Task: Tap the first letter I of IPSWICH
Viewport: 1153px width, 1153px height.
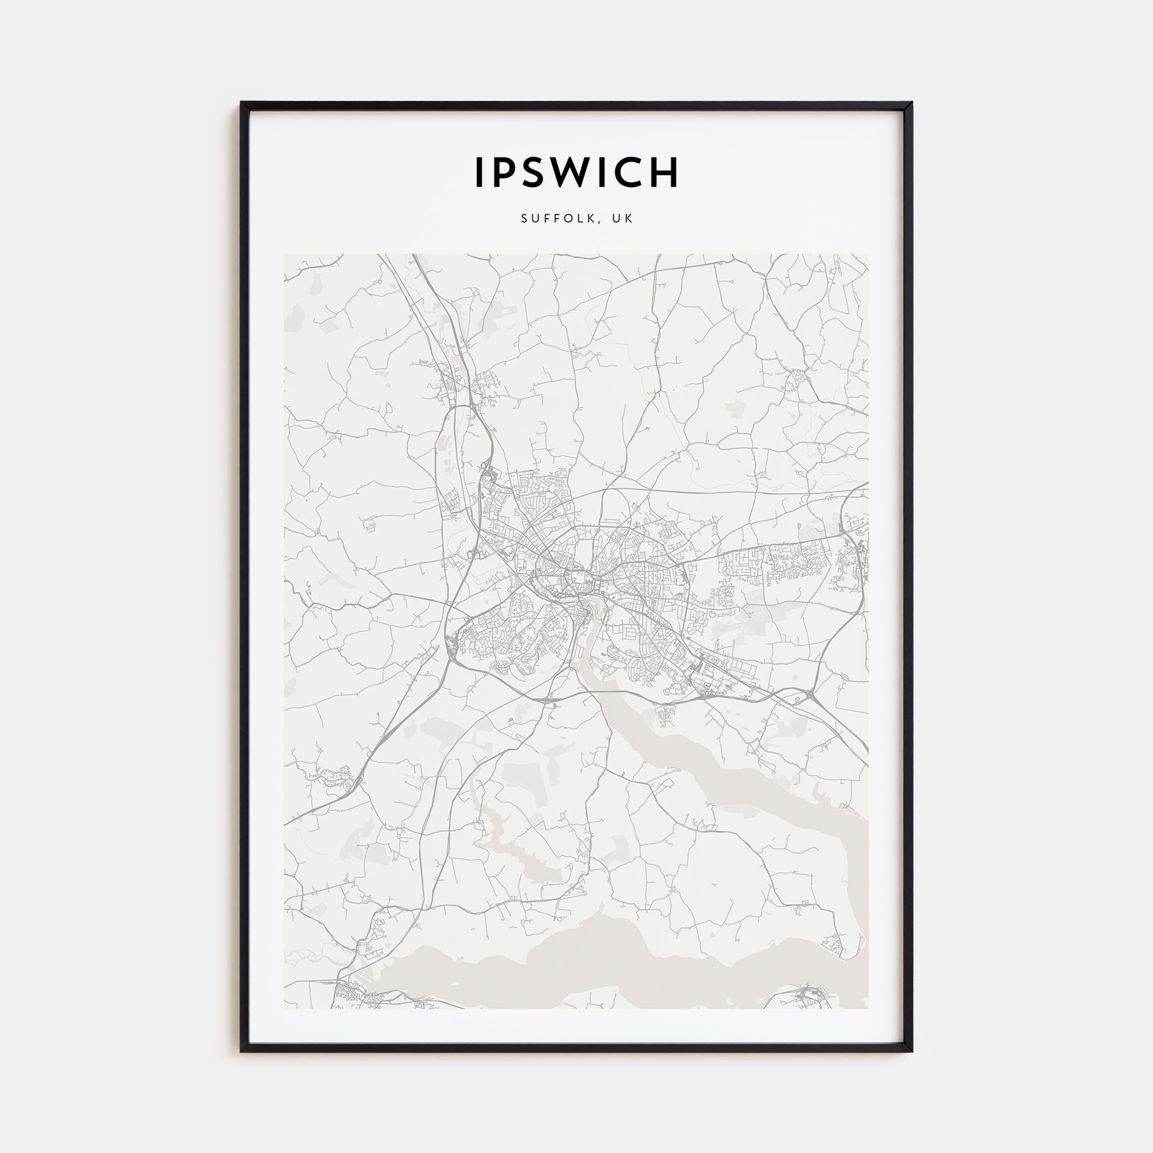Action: point(478,172)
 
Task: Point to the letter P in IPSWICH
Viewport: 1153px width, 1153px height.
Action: point(502,172)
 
